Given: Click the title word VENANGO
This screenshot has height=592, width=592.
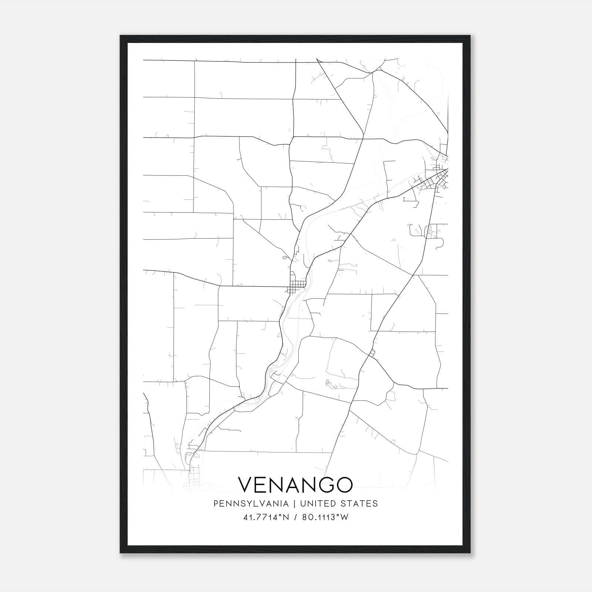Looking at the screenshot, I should [x=295, y=485].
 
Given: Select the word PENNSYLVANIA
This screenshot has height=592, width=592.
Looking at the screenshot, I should [x=250, y=504].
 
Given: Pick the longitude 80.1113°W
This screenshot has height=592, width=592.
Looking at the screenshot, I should [x=325, y=517].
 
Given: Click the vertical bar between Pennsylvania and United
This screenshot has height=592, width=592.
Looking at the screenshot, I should [x=295, y=504].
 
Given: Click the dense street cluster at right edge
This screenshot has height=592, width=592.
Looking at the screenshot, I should [x=437, y=179].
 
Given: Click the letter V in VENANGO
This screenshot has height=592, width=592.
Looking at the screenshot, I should [x=246, y=485].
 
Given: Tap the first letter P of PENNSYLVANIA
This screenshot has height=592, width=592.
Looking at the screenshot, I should [x=216, y=504].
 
